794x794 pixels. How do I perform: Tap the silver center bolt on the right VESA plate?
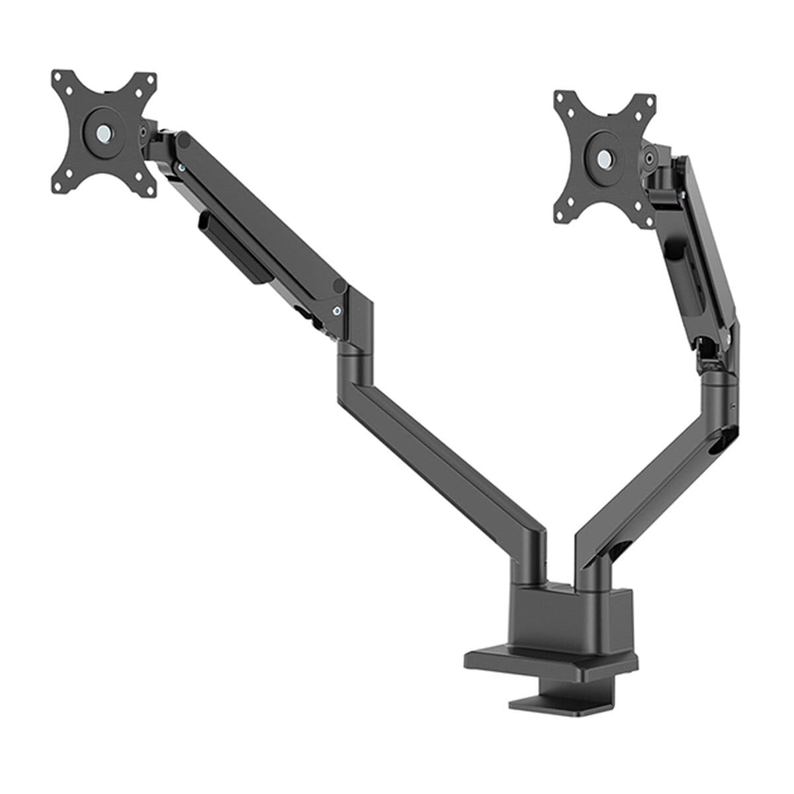[x=604, y=159]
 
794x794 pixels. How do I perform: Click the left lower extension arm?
[x=437, y=457]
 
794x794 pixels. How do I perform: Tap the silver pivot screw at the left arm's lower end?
[x=338, y=310]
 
